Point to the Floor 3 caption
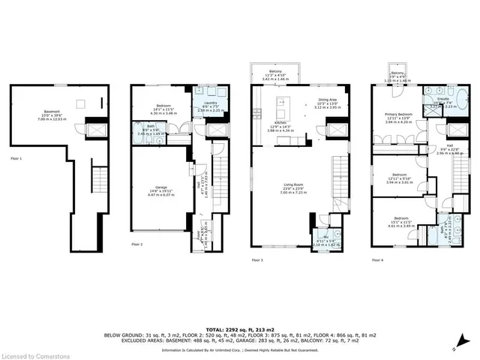pyautogui.click(x=256, y=260)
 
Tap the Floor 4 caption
pyautogui.click(x=376, y=260)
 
